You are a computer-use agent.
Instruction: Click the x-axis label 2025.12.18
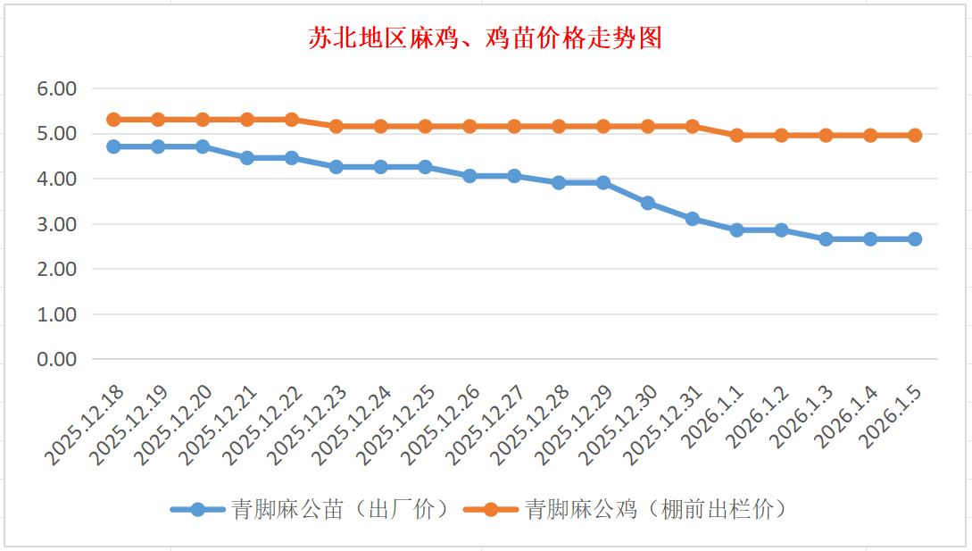coord(86,426)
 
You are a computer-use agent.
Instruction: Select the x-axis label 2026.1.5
coord(893,418)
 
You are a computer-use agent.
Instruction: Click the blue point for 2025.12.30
coord(648,204)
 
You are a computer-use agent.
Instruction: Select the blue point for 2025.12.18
coord(113,146)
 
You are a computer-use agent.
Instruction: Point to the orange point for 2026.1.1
coord(737,136)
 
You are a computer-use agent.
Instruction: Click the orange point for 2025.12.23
coord(336,127)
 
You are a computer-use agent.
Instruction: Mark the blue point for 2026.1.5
coord(915,239)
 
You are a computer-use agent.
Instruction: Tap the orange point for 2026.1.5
coord(915,136)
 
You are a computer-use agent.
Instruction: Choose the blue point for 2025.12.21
coord(247,158)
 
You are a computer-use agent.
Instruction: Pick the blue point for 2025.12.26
coord(469,176)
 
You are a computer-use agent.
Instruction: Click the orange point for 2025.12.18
coord(113,120)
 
